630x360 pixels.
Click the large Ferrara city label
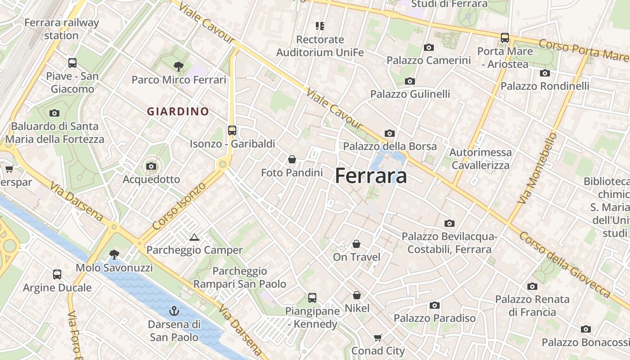point(371,175)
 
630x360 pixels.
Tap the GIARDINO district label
point(178,111)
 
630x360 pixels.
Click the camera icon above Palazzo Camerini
point(428,47)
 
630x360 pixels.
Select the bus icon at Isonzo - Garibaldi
point(232,130)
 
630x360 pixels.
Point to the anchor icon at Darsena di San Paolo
point(174,310)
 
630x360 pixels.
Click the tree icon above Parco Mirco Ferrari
point(178,67)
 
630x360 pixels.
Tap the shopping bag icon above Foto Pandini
point(292,159)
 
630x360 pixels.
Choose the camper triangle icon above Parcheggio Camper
point(194,237)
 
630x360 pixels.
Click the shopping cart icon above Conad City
point(378,337)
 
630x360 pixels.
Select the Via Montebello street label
point(537,168)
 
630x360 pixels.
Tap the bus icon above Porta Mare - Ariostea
point(505,38)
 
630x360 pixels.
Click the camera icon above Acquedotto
point(151,166)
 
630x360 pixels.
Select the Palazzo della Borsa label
point(390,146)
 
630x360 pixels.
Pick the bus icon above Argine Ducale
point(57,274)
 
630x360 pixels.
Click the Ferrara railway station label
point(61,29)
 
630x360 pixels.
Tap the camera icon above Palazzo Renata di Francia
point(532,286)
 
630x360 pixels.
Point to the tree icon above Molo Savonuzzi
point(114,255)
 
